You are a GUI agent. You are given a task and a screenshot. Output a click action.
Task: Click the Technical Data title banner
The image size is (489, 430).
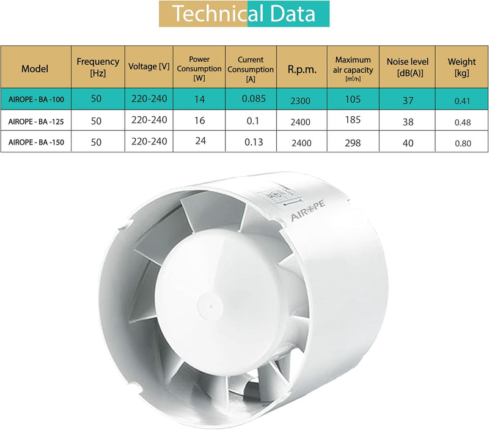[x=244, y=13]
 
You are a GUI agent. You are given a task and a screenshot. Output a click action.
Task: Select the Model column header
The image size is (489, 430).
[x=35, y=69]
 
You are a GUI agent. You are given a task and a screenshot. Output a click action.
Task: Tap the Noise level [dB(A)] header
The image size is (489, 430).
[x=408, y=67]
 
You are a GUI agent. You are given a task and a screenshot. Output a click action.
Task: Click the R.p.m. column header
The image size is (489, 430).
[x=302, y=69]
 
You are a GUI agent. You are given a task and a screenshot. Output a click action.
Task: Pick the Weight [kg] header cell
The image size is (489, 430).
[x=462, y=67]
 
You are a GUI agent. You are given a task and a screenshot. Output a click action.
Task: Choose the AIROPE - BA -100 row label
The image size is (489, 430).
[x=36, y=100]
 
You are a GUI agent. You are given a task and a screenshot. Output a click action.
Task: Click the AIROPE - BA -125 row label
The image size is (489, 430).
[x=36, y=121]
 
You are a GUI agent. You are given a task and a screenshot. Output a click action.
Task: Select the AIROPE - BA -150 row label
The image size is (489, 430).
[x=36, y=143]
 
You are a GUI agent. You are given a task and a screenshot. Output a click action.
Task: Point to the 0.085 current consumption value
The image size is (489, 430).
[x=254, y=98]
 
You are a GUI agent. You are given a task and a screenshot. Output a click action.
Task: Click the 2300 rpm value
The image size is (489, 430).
[x=300, y=101]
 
